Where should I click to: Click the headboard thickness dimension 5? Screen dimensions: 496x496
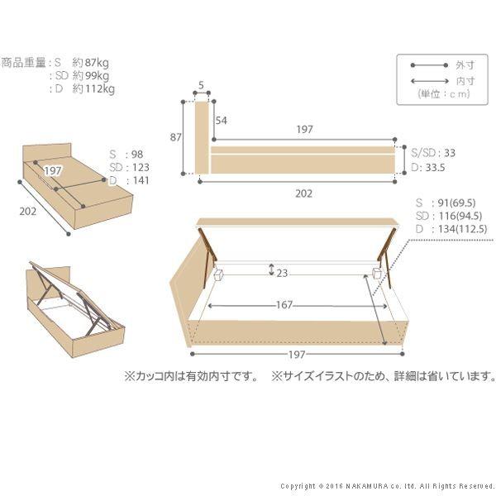pos(202,84)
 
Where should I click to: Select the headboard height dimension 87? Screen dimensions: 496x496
pos(175,137)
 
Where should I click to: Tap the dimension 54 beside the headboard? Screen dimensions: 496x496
pos(221,121)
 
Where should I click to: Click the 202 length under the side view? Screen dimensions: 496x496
pos(303,193)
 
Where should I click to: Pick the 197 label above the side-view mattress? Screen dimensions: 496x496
pos(303,130)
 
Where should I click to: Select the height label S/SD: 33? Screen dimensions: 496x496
pos(433,153)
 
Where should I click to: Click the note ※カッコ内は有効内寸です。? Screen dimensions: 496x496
pos(190,376)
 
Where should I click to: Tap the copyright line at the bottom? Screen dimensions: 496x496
pos(387,485)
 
